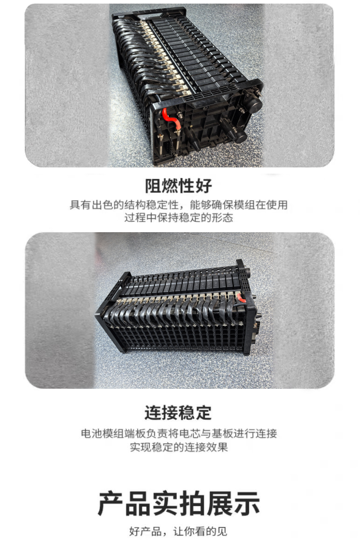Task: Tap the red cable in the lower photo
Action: pos(241,298)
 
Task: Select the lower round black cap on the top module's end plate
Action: pos(240,137)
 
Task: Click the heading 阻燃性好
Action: pos(179,186)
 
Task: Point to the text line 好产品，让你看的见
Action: pos(178,531)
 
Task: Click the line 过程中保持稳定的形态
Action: pos(179,218)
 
